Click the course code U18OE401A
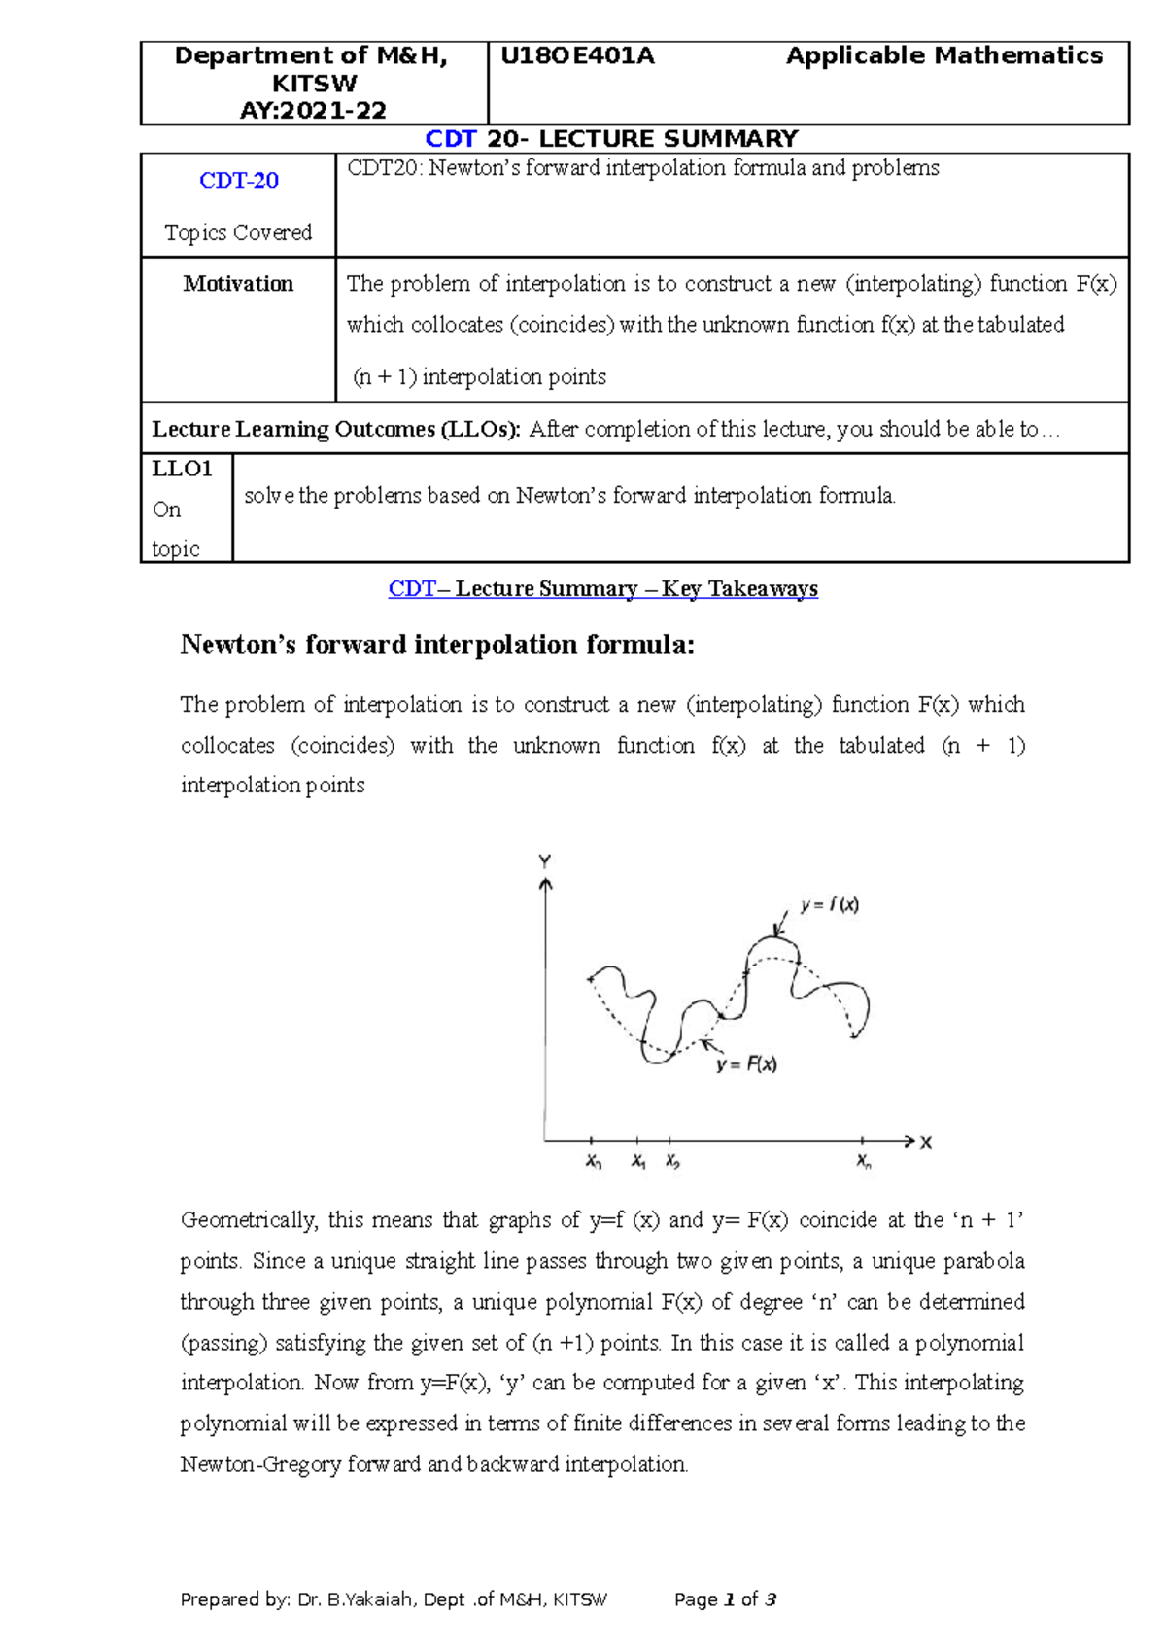[577, 56]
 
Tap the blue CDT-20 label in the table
[239, 181]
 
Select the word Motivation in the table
[238, 284]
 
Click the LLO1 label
[182, 470]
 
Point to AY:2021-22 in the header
[313, 111]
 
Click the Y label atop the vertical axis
[545, 861]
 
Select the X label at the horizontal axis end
[926, 1142]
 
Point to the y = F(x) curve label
[746, 1065]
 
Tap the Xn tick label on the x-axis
[864, 1162]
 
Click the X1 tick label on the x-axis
[638, 1162]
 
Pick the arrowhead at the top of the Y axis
[546, 884]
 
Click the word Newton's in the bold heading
[238, 645]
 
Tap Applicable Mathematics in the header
[943, 56]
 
